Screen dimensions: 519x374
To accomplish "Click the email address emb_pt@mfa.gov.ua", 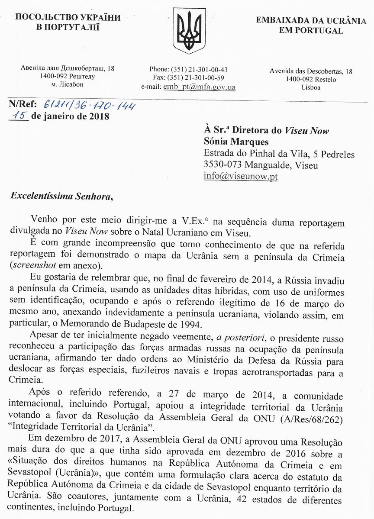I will [x=199, y=87].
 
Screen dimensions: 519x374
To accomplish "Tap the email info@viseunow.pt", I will [x=241, y=176].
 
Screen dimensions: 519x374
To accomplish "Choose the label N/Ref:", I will [x=22, y=104].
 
